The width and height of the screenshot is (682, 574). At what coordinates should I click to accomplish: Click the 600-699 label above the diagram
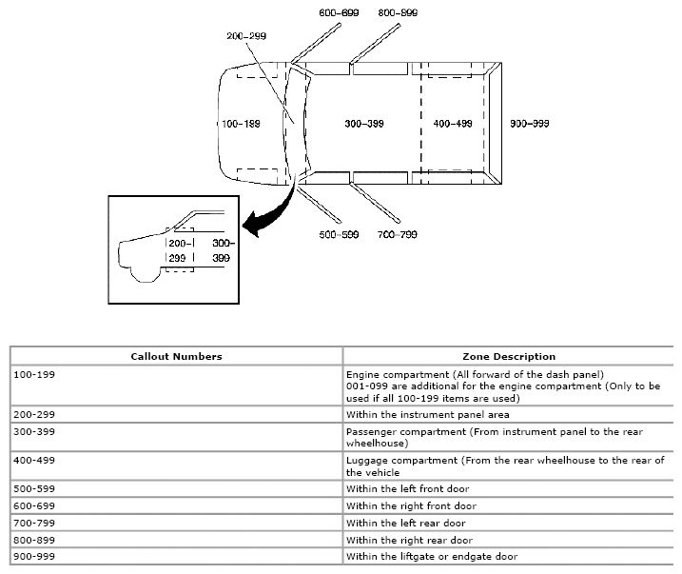coord(339,12)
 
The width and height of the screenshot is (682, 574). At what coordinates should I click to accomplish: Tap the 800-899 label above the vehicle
coord(398,12)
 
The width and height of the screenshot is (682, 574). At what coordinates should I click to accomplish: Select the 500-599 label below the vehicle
coord(339,235)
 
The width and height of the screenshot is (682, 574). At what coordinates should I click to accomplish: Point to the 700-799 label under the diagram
coord(397,235)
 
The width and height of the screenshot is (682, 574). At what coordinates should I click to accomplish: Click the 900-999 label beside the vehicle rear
coord(529,124)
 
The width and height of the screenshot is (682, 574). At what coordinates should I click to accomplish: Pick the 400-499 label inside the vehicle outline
coord(453,124)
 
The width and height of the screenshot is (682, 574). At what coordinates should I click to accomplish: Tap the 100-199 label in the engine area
coord(241,124)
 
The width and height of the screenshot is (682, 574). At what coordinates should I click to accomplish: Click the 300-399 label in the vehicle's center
coord(364,124)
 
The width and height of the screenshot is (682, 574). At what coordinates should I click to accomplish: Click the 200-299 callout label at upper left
coord(246,36)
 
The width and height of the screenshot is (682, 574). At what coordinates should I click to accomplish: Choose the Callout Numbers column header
coord(176,356)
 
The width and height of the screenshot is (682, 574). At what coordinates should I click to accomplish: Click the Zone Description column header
coord(509,356)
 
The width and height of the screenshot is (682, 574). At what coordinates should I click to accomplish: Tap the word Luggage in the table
coord(364,461)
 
